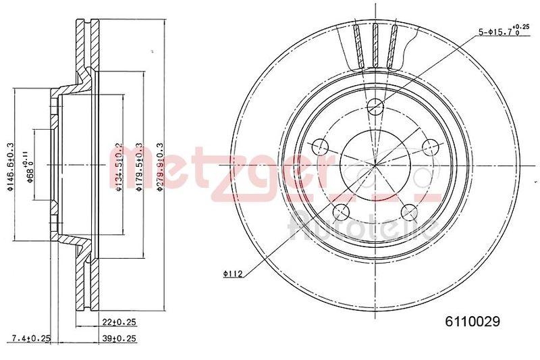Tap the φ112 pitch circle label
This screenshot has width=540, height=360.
point(233,274)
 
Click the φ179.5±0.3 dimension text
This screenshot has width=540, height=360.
point(139,168)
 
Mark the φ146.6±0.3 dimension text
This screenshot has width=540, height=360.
point(11,168)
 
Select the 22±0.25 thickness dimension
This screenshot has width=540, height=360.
point(119,323)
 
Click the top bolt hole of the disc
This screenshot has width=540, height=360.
point(375,105)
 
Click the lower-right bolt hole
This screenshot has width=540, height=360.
point(408,212)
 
